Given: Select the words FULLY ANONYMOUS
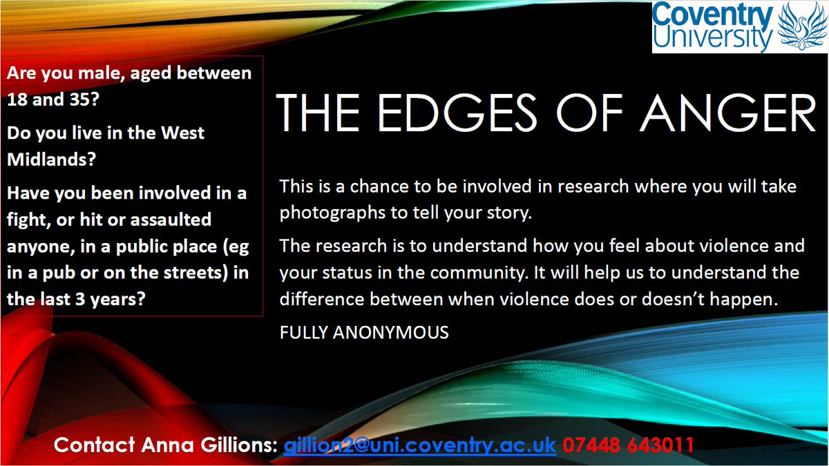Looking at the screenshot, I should [x=364, y=332].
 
